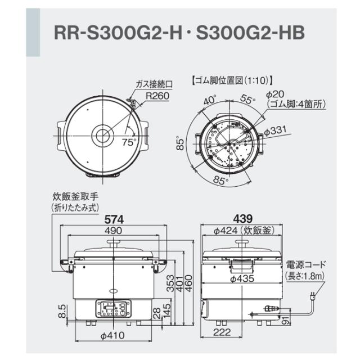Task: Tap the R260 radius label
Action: click(157, 96)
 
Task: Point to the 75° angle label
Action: click(129, 142)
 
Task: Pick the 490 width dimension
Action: click(115, 231)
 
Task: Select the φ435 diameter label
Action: click(243, 278)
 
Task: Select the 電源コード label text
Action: click(306, 264)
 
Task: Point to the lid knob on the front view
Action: click(115, 243)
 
